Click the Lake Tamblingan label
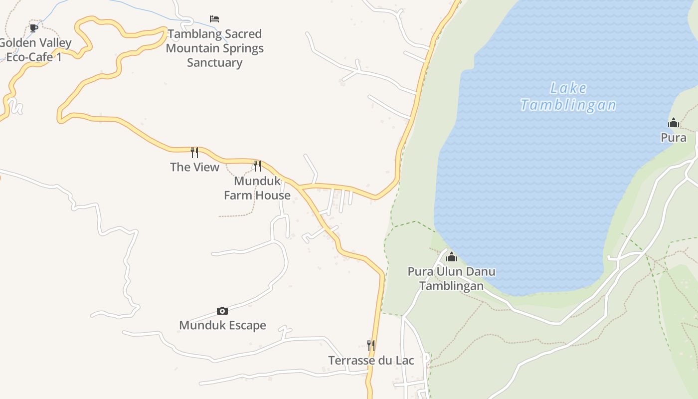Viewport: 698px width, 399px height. point(568,97)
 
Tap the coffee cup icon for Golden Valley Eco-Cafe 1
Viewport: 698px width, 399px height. point(33,28)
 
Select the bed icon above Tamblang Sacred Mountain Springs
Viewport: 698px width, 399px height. point(214,19)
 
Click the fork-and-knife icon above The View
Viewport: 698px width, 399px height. point(194,152)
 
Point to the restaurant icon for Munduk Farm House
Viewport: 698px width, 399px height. point(257,165)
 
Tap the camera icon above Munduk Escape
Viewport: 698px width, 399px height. point(222,311)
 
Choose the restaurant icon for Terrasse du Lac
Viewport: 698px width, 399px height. point(371,345)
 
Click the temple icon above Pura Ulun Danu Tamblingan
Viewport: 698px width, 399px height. point(452,257)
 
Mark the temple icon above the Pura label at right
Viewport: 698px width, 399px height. point(674,123)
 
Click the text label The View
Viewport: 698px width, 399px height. point(194,167)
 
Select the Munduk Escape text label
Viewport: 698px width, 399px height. point(222,326)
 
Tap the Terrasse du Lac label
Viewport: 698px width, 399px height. point(371,360)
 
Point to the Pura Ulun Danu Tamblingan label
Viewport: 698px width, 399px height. point(452,279)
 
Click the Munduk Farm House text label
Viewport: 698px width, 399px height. point(257,188)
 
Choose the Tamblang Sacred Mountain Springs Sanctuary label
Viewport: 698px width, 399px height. point(214,48)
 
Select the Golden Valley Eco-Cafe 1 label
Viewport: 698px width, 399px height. point(35,50)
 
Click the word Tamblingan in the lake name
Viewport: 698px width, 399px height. point(568,105)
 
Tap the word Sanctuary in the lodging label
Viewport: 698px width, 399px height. point(214,63)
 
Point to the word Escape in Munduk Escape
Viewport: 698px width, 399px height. point(244,326)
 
